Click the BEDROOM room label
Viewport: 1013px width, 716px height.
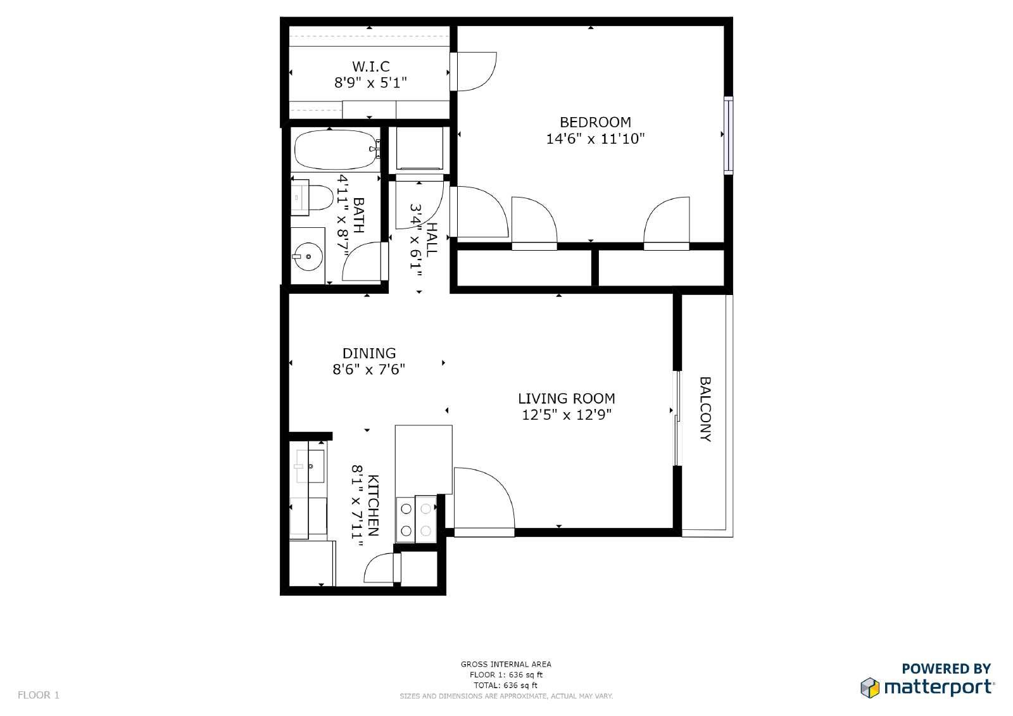tap(595, 122)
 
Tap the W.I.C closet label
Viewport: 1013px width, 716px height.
tap(371, 66)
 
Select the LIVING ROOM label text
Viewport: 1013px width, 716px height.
tap(566, 398)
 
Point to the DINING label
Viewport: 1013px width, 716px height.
tap(369, 353)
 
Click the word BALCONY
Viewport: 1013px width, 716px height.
tap(705, 409)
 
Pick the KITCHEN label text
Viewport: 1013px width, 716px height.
tap(373, 505)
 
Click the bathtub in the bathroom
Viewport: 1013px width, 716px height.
tap(336, 149)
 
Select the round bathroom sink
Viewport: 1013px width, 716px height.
tap(308, 256)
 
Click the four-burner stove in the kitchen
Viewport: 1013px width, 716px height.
tap(416, 519)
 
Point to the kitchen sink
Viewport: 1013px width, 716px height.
tap(310, 467)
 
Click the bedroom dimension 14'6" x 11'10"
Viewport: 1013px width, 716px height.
tap(595, 139)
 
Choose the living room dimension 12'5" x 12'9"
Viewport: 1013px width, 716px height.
tap(567, 415)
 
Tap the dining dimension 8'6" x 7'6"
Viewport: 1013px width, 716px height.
tap(369, 370)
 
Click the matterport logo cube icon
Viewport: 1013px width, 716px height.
tap(870, 688)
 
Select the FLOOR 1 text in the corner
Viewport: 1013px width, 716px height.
tap(39, 695)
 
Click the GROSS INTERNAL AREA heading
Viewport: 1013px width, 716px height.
tap(506, 665)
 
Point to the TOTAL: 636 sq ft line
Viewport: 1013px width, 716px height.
tap(506, 685)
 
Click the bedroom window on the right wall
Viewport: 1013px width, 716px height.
tap(728, 135)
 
